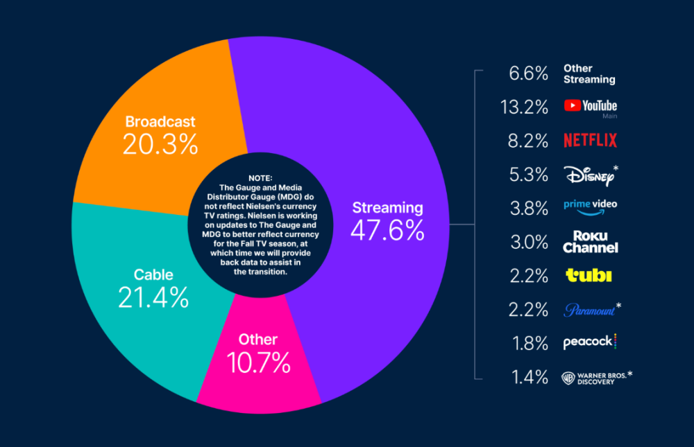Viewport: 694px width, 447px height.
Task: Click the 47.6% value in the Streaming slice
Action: point(387,230)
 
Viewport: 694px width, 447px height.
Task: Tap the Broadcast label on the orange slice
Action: point(160,121)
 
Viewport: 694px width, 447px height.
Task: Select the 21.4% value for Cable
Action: point(153,297)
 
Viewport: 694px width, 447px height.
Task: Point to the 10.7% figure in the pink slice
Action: point(258,362)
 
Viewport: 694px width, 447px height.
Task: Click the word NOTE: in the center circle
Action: point(260,178)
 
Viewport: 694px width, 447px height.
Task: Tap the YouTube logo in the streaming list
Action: point(591,106)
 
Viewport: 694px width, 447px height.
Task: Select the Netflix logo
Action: point(591,141)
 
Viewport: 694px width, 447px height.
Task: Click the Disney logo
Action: point(591,175)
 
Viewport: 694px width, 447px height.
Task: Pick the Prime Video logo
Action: point(591,207)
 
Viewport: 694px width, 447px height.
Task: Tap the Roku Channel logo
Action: point(591,242)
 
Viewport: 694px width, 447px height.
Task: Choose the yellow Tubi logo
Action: point(589,275)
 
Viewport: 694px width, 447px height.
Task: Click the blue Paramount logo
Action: point(592,310)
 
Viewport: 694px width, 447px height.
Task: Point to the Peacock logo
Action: point(590,342)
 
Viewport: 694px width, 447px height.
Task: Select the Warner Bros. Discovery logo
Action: point(597,378)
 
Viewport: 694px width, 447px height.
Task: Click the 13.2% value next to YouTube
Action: point(524,107)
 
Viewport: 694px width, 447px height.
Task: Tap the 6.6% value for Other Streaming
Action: point(528,74)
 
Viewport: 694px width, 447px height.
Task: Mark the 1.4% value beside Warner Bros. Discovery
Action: point(530,378)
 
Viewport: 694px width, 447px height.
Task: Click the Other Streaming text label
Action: point(589,74)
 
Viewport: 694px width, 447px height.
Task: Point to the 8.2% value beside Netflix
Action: point(527,141)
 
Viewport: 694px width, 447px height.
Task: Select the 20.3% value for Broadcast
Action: point(160,145)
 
